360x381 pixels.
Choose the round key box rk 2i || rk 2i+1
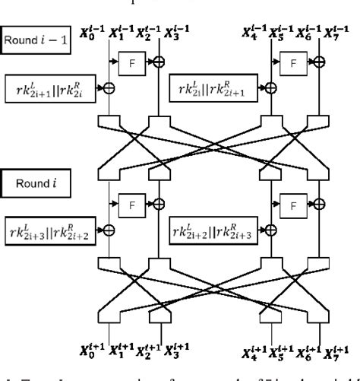[212, 88]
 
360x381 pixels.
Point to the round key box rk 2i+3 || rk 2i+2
[48, 229]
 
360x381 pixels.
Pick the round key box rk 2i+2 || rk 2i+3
[212, 229]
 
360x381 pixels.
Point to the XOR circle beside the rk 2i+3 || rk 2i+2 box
[108, 229]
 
